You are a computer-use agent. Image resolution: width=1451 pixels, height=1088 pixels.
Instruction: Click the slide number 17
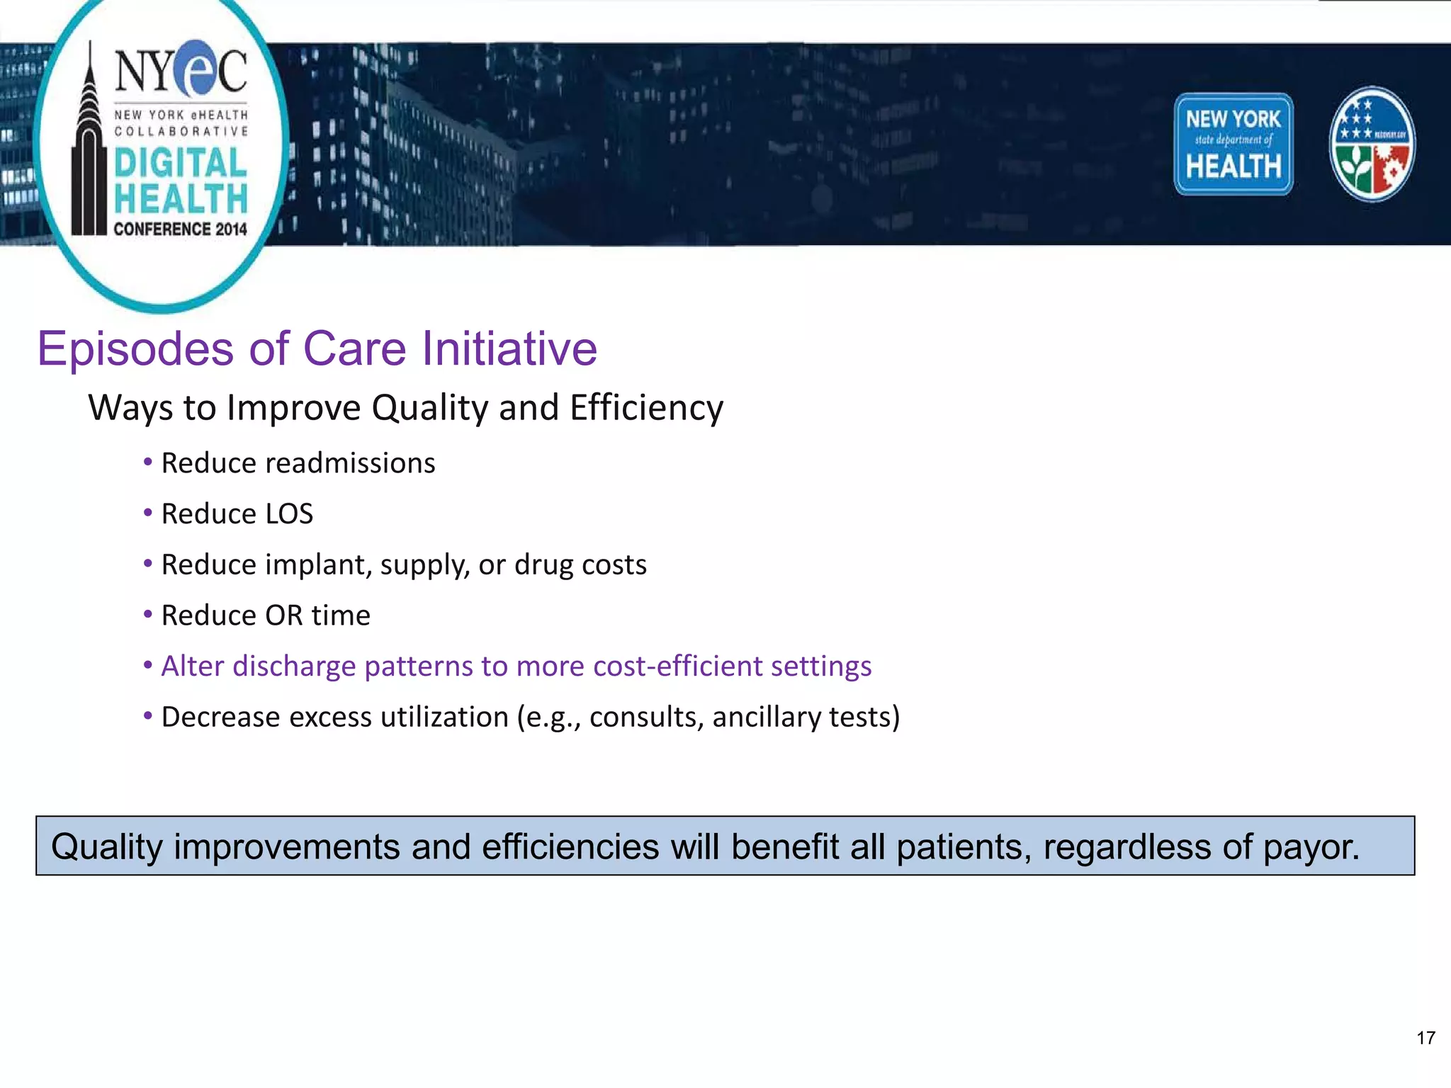[1425, 1038]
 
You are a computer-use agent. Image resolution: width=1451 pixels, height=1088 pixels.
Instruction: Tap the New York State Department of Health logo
[1233, 144]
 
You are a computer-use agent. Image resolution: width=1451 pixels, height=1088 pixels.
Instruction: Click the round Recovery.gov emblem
[1372, 144]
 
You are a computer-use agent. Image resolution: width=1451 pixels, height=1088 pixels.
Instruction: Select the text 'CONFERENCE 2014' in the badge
[180, 229]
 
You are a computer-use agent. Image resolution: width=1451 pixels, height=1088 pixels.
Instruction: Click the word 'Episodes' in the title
[135, 349]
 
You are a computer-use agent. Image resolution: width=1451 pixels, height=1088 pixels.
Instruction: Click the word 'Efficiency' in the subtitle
[646, 409]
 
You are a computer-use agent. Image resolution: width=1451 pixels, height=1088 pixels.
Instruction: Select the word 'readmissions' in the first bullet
[350, 463]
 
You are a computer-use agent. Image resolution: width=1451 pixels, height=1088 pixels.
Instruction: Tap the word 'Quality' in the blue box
[107, 847]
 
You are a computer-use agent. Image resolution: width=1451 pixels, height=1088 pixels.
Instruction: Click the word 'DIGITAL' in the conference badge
[180, 163]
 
